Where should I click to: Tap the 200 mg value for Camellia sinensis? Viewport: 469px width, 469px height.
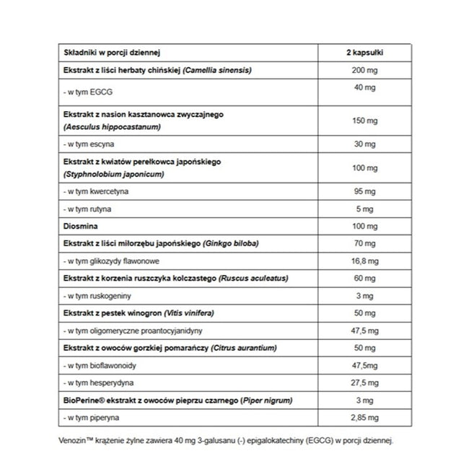[365, 70]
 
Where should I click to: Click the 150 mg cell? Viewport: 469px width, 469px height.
[365, 120]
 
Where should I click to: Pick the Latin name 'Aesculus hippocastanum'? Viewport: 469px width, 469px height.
[113, 126]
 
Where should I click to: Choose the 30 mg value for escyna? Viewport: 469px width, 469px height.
[365, 143]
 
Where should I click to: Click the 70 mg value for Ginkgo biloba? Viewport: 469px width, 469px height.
[365, 243]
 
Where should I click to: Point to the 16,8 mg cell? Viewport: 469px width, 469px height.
[365, 260]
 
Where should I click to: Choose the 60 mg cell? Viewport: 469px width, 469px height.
[365, 278]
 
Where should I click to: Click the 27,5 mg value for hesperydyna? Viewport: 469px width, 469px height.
[365, 382]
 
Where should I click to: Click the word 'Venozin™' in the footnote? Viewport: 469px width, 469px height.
[79, 439]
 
